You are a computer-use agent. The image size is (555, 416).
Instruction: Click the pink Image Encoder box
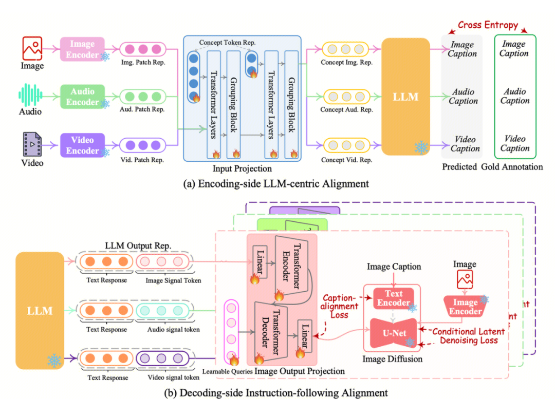(x=82, y=49)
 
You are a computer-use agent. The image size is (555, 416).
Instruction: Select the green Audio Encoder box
(x=82, y=97)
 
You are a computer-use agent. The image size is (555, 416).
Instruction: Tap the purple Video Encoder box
(x=82, y=145)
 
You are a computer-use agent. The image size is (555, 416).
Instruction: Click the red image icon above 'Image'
(x=32, y=48)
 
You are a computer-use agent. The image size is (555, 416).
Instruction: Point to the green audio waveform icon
(x=30, y=95)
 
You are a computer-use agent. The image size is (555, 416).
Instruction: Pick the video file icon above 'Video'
(x=32, y=144)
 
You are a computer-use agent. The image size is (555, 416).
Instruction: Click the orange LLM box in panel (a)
(x=405, y=97)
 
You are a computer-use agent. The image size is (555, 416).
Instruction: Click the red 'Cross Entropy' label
(x=488, y=25)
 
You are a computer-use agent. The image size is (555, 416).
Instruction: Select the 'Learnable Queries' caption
(x=226, y=371)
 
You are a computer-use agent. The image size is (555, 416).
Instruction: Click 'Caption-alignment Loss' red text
(x=339, y=307)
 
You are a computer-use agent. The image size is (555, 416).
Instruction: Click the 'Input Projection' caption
(x=242, y=168)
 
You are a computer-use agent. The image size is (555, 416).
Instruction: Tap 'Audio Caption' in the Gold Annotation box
(x=514, y=96)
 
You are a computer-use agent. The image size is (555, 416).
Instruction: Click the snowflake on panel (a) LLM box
(x=421, y=148)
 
